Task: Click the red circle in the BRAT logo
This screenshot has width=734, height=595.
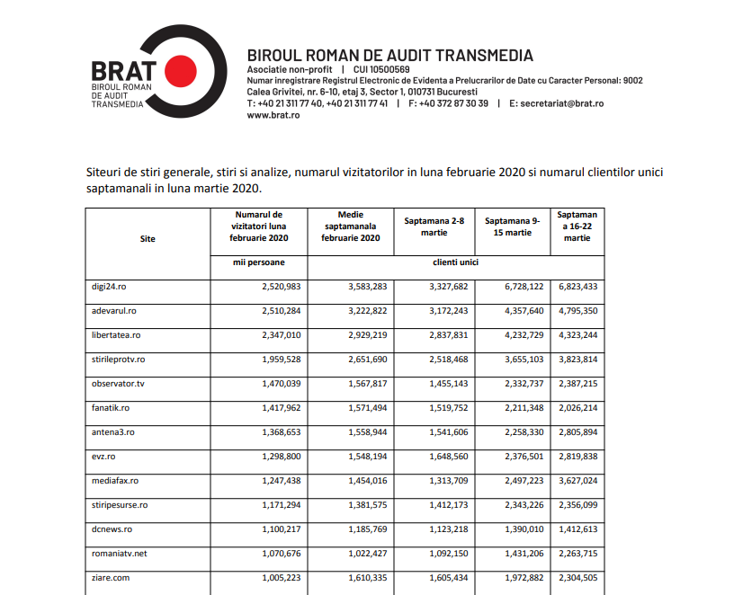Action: click(x=181, y=69)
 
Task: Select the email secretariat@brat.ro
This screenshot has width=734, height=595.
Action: click(x=556, y=103)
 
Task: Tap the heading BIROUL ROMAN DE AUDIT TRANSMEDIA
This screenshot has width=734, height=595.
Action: click(x=389, y=55)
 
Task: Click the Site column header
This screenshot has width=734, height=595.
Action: click(x=148, y=239)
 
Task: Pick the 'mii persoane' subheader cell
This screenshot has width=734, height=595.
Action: click(x=258, y=262)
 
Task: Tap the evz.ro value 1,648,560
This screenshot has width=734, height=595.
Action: click(x=443, y=457)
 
